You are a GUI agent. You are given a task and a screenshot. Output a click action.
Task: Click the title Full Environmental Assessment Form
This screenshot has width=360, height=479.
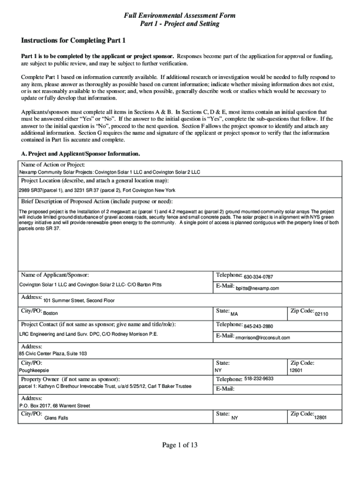[180, 16]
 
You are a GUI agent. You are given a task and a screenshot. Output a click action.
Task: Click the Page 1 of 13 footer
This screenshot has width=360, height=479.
[180, 445]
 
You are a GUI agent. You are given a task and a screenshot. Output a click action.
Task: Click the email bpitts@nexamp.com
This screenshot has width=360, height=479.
[257, 289]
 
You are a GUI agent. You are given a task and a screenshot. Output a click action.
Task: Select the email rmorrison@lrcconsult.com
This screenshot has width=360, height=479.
[262, 338]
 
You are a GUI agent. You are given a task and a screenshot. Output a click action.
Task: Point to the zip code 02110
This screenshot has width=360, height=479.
[322, 314]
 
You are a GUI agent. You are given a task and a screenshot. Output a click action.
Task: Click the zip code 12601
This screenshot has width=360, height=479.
[296, 370]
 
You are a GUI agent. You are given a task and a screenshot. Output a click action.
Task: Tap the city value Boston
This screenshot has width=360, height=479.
[50, 313]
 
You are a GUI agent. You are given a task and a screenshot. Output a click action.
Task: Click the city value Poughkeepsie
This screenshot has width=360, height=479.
[34, 370]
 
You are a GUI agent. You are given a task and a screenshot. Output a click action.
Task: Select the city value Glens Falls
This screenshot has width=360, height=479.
[56, 418]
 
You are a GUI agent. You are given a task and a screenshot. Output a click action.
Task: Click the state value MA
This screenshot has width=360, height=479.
[234, 313]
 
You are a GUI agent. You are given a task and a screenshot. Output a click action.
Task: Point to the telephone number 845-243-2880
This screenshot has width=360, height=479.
[259, 327]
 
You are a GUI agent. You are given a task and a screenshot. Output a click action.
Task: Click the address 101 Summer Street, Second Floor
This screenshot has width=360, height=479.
[79, 300]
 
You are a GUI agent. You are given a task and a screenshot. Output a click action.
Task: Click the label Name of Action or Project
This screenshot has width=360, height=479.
[53, 165]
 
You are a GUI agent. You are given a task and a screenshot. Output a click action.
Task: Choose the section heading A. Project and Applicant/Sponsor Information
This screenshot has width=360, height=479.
[81, 154]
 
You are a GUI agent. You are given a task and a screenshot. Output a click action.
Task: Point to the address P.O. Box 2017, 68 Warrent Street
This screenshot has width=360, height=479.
[54, 406]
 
